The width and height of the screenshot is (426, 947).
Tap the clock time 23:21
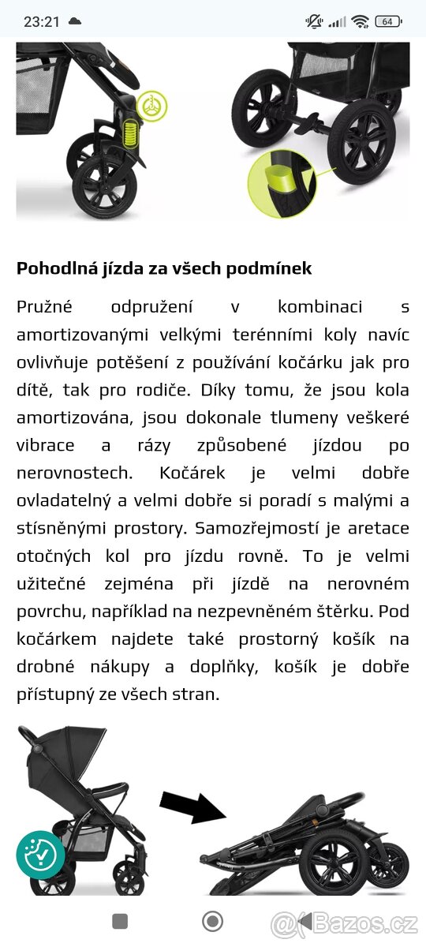coord(41,21)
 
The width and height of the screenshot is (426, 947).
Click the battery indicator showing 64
coord(387,21)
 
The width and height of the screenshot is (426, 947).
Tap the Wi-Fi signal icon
coord(361,21)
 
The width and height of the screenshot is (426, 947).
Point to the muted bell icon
coord(314,21)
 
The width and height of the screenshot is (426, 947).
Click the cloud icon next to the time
coord(75,21)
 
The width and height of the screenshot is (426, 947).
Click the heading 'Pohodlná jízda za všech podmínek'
coord(164,268)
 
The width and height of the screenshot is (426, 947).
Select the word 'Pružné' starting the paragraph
coord(44,306)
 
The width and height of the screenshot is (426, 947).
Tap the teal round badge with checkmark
coord(40,855)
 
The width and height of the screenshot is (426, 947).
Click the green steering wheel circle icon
coord(151,106)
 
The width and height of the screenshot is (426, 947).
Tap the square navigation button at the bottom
coord(120,921)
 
